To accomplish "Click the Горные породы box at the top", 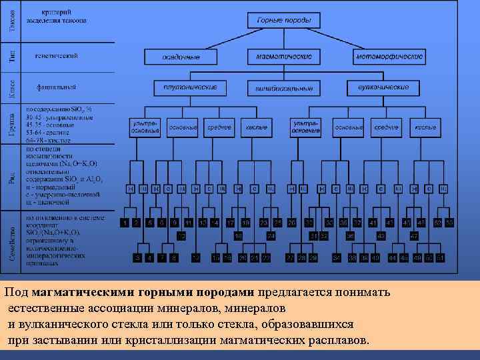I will pyautogui.click(x=283, y=21).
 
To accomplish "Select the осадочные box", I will pyautogui.click(x=181, y=57).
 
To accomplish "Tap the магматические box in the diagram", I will pyautogui.click(x=283, y=57).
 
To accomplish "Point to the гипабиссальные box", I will pyautogui.click(x=284, y=87).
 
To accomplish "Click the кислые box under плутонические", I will pyautogui.click(x=257, y=127).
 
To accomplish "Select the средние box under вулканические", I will pyautogui.click(x=386, y=127).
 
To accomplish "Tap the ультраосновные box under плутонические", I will pyautogui.click(x=145, y=127).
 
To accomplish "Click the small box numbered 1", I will pyautogui.click(x=124, y=222).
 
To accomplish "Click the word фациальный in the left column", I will pyautogui.click(x=56, y=87).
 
